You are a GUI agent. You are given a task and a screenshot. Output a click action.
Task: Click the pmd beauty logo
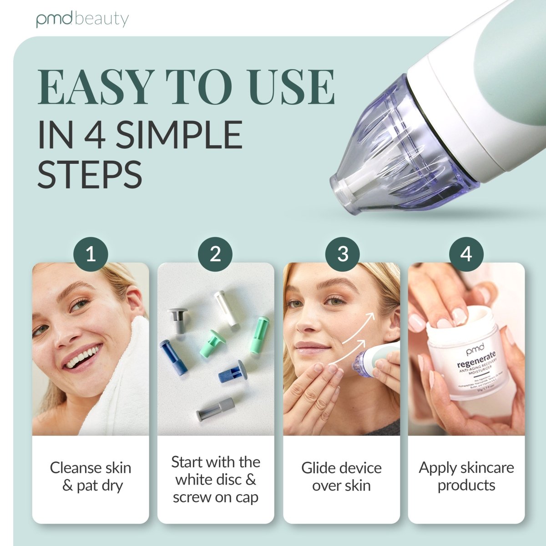82,20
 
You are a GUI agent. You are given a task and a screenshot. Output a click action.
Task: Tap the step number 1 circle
91,253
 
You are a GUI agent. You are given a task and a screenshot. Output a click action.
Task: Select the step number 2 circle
215,253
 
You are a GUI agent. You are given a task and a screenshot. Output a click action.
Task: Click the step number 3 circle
343,253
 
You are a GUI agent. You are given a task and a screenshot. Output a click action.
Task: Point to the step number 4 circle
466,253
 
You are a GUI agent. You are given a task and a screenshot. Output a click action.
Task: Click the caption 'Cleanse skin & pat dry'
91,476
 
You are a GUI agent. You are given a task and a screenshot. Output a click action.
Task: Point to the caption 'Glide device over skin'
341,476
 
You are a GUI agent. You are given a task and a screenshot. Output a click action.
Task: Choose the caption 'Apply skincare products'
466,476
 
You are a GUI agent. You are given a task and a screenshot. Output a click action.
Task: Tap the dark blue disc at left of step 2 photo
174,358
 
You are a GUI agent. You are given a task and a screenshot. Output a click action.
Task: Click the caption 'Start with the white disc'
216,480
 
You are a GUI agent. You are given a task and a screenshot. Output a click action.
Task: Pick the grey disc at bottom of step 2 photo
215,409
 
